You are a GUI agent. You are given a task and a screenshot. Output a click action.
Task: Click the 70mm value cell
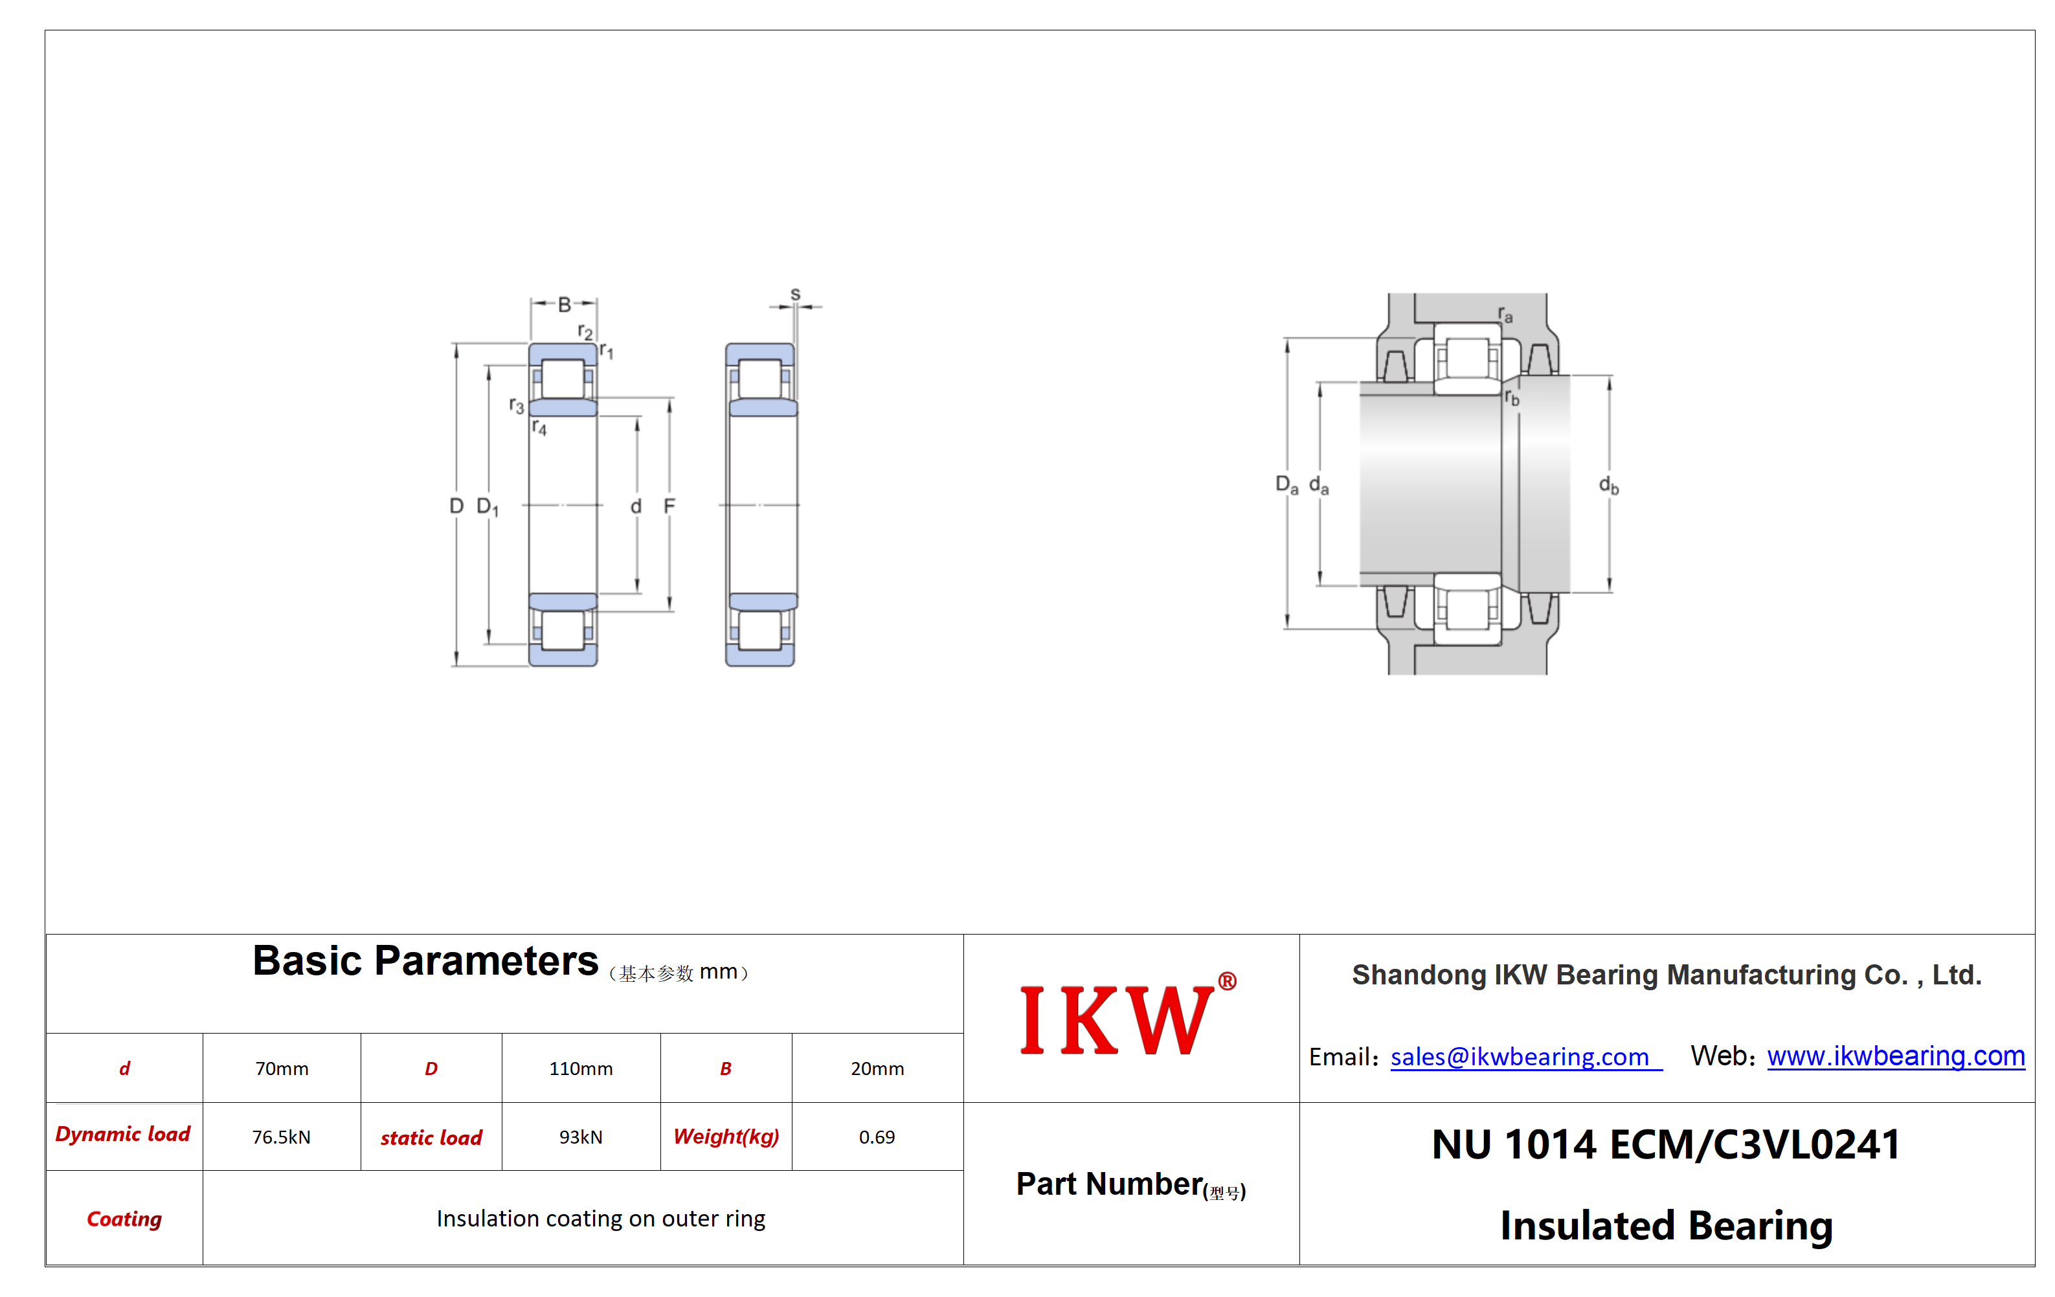coord(282,1069)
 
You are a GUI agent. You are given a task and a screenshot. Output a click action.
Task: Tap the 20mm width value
coord(877,1069)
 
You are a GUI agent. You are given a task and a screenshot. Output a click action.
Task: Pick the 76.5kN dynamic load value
coord(282,1136)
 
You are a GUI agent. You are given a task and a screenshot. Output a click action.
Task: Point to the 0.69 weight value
coord(877,1136)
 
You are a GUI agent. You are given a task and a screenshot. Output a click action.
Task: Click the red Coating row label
coord(124,1219)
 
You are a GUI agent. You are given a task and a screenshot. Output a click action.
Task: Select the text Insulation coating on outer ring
coord(601,1219)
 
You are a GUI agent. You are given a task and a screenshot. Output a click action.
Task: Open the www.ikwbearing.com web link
coord(1896,1056)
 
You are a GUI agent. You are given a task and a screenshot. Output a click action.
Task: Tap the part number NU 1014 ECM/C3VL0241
coord(1667,1144)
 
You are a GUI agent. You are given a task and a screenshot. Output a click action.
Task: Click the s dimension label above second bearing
coord(795,294)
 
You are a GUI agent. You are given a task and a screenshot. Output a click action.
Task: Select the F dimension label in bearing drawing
coord(669,506)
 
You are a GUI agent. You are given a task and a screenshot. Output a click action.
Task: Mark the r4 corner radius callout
coord(539,427)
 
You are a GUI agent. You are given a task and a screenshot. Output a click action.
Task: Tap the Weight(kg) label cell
coord(726,1136)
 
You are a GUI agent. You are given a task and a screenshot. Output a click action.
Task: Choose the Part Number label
coord(1130,1184)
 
